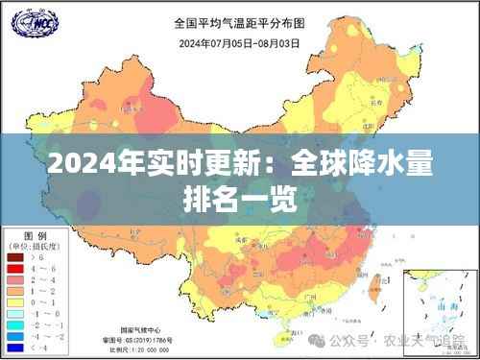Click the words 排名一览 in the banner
pyautogui.click(x=239, y=200)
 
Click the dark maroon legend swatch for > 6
pyautogui.click(x=16, y=256)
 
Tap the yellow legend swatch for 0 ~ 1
pyautogui.click(x=16, y=300)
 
